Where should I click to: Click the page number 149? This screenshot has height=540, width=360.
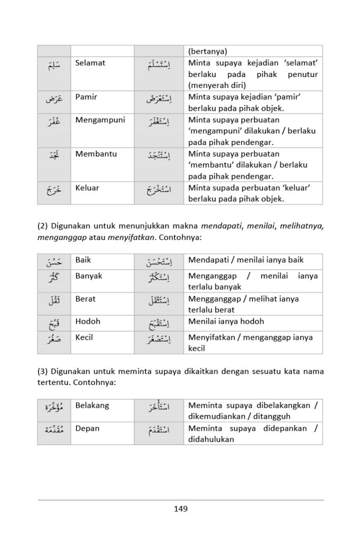180,509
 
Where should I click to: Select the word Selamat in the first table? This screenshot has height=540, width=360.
90,63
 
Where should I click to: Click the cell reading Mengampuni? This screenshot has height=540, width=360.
100,120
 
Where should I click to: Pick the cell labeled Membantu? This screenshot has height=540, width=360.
96,155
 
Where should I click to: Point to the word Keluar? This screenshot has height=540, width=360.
87,188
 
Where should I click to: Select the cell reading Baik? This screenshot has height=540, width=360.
83,260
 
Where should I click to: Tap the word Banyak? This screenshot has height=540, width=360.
89,276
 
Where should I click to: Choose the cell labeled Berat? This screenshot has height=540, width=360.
85,299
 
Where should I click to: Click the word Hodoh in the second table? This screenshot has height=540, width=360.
87,322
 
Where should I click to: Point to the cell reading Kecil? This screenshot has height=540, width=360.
84,337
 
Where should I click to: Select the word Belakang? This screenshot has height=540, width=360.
92,406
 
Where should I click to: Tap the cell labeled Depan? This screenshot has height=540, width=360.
87,429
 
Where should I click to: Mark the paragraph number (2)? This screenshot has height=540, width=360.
43,226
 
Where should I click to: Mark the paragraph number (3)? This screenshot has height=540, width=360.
43,372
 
